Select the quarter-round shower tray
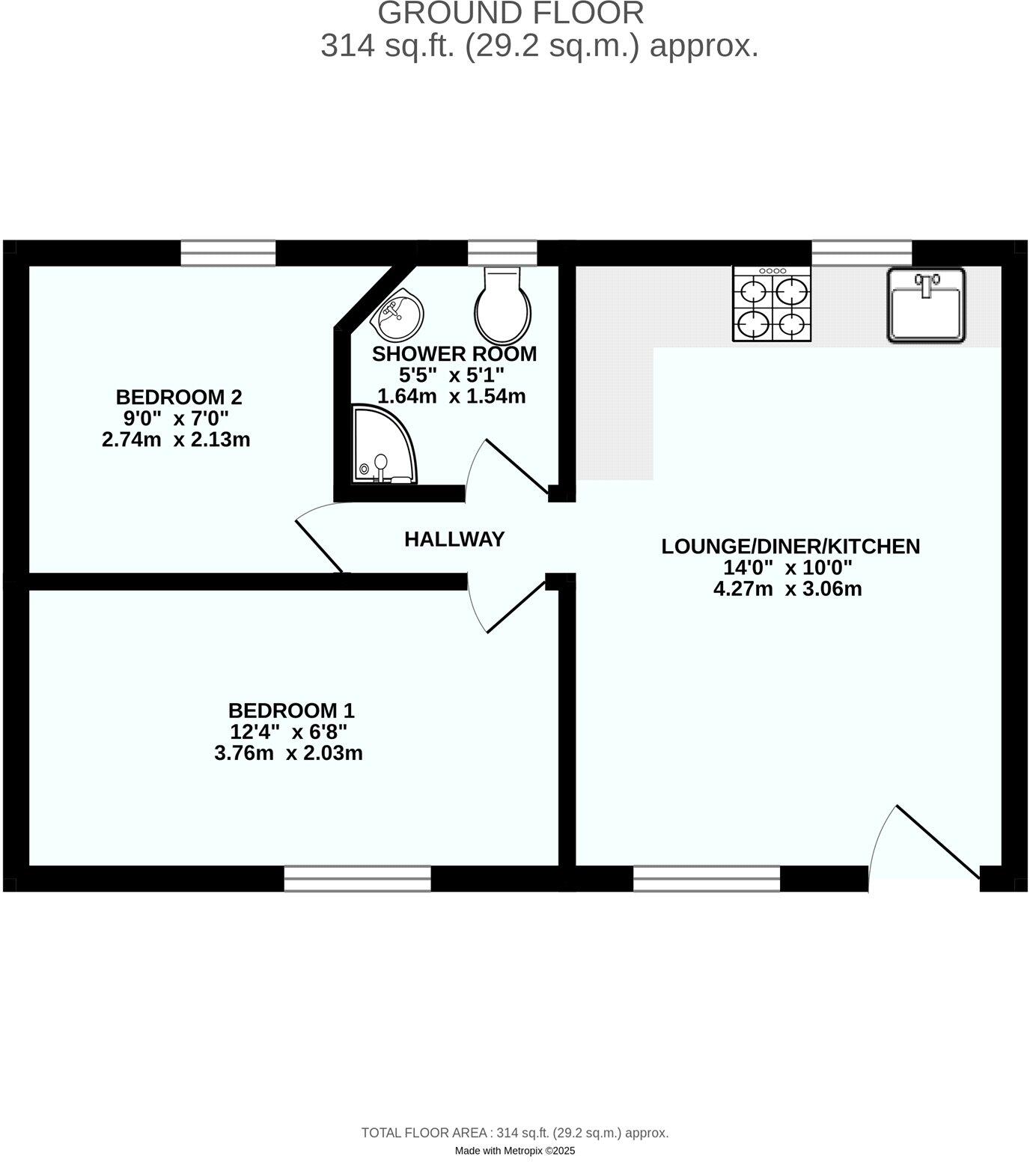pos(380,445)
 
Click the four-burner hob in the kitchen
pos(772,305)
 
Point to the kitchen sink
pos(927,305)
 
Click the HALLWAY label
pos(454,539)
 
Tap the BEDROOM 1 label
pos(290,710)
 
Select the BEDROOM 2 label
pos(179,397)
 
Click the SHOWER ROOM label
pos(454,354)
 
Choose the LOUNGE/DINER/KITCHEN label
pos(790,547)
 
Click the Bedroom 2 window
pos(228,253)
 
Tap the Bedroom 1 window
pos(358,878)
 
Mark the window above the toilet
pos(502,253)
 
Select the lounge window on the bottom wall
pos(707,878)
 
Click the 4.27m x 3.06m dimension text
pos(787,589)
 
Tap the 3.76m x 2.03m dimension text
pos(288,753)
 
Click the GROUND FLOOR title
pos(511,13)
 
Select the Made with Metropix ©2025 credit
pos(515,1151)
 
